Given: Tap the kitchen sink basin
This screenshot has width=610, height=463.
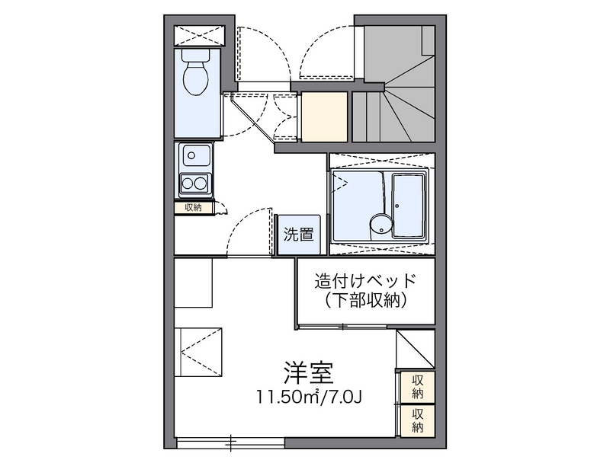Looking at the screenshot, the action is tap(195, 158).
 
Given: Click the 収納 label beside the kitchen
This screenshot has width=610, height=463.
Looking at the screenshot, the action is tap(192, 207).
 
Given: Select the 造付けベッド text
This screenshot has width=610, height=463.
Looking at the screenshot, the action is tap(366, 280).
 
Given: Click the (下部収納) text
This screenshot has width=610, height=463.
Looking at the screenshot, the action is tap(366, 301).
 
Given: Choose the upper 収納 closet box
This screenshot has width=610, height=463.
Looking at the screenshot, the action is tap(417, 386).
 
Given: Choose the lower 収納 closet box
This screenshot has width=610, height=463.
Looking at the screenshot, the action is tap(417, 420).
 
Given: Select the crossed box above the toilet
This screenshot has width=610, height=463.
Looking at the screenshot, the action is tap(199, 35).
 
